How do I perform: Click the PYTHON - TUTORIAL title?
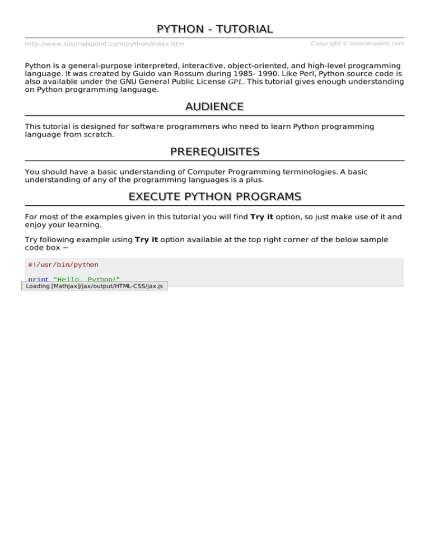(215, 29)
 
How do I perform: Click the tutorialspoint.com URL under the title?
(105, 44)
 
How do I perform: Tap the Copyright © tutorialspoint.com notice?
(357, 43)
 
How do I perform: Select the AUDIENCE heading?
(215, 106)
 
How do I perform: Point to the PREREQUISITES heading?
(215, 152)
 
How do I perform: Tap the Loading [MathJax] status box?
(95, 286)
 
